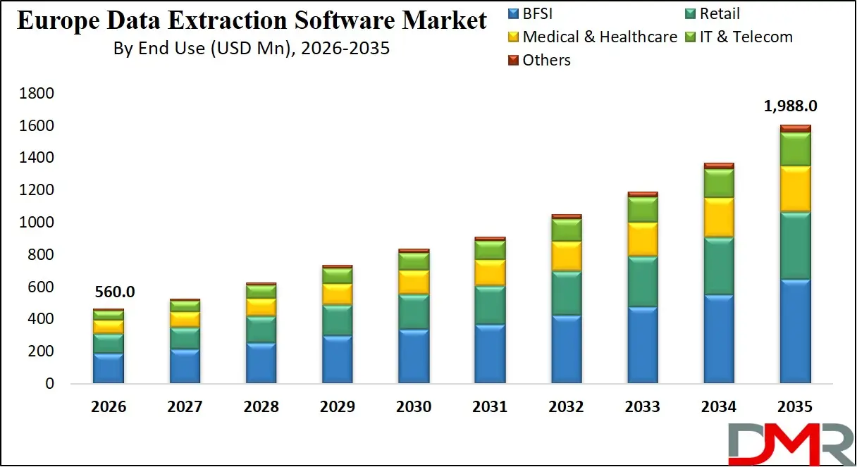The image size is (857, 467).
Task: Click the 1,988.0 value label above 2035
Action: (x=791, y=106)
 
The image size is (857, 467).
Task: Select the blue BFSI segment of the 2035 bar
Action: (x=795, y=331)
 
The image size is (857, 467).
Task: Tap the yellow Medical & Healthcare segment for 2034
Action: (x=719, y=217)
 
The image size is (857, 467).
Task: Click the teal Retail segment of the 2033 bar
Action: (x=643, y=282)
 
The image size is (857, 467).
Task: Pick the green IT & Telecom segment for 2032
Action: (x=567, y=230)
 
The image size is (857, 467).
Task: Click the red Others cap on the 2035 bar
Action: (x=795, y=128)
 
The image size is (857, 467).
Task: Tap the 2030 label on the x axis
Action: (x=414, y=407)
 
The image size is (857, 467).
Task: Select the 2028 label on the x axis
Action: (x=261, y=407)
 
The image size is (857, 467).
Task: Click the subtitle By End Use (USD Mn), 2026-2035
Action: (x=252, y=50)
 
